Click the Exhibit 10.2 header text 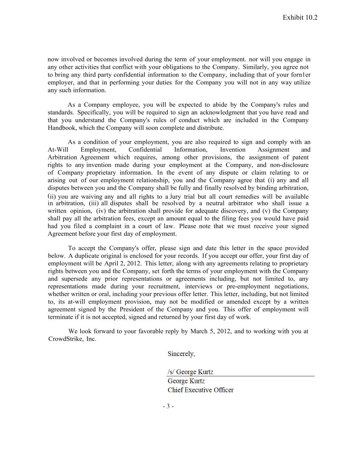(x=300, y=18)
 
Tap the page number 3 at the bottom (x=168, y=406)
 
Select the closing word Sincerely (x=181, y=354)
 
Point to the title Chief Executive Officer (x=200, y=390)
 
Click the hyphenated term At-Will (x=58, y=150)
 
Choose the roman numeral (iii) (x=94, y=203)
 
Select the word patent (x=300, y=157)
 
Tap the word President (x=133, y=309)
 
